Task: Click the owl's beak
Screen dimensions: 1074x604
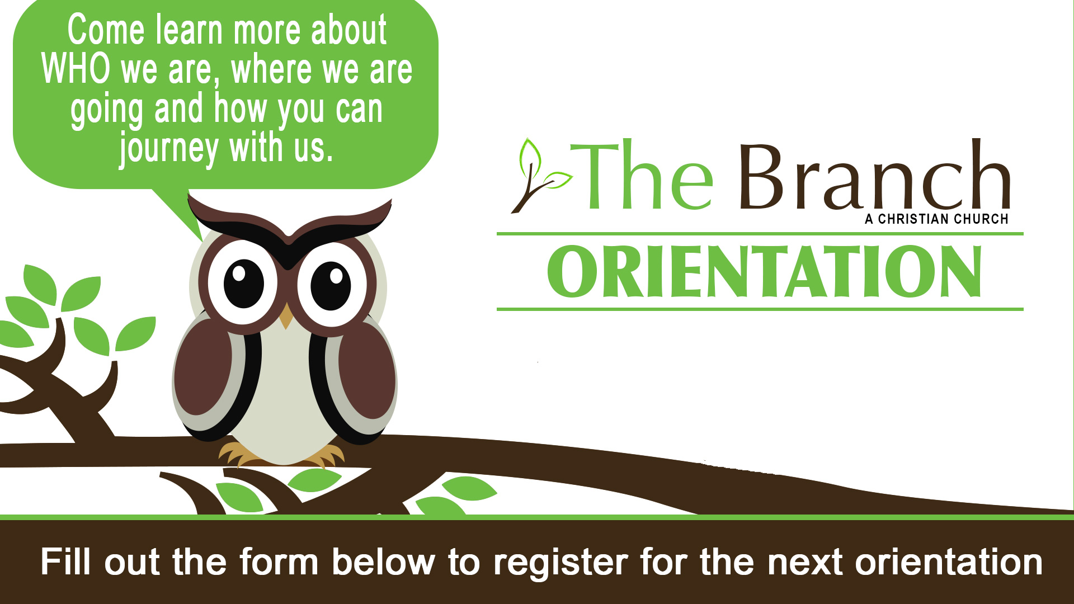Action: (x=286, y=315)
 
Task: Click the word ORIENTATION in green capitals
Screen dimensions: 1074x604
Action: (x=764, y=271)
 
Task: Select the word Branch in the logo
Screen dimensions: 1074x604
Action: (x=875, y=174)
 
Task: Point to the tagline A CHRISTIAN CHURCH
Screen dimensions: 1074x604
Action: (x=936, y=219)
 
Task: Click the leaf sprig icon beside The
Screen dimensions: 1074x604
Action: (x=540, y=176)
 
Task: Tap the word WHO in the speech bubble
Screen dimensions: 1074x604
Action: (x=76, y=69)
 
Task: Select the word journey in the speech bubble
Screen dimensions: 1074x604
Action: (x=168, y=149)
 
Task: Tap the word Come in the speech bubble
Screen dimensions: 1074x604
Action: (x=106, y=30)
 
